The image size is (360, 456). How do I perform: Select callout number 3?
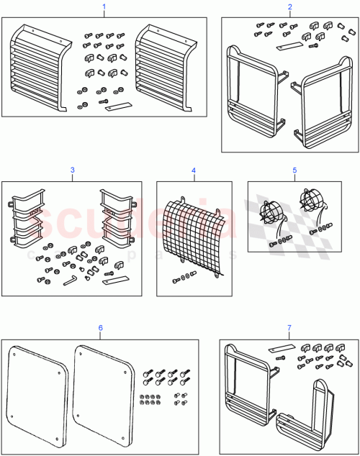[72, 170]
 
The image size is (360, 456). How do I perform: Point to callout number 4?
[194, 170]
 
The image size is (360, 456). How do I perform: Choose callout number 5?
[294, 170]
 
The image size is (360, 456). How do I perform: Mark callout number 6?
[100, 327]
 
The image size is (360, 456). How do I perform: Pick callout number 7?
[289, 328]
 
